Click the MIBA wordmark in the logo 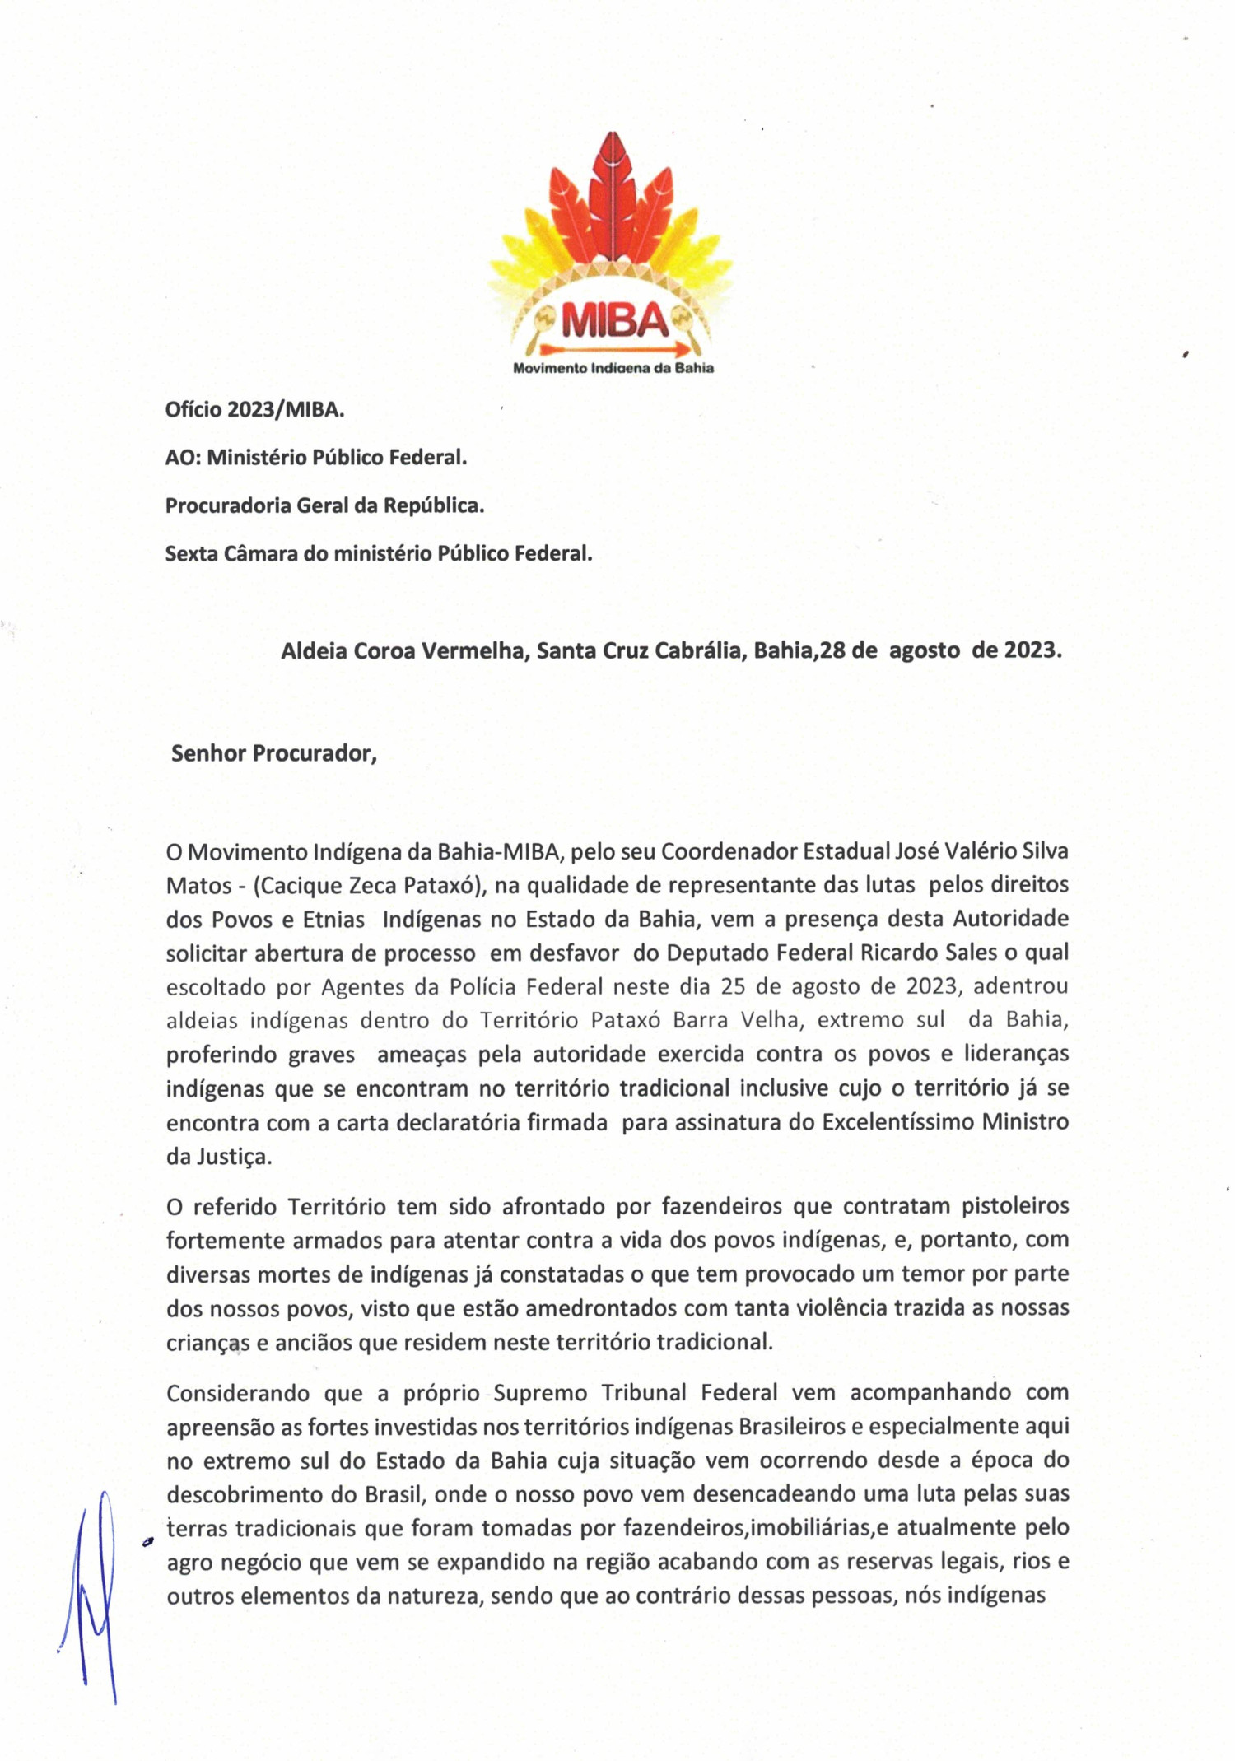(x=614, y=321)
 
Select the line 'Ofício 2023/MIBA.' (x=254, y=409)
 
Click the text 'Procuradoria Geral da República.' (x=324, y=505)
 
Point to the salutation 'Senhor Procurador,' (x=273, y=753)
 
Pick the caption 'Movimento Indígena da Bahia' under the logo (x=613, y=368)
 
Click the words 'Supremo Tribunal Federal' (x=636, y=1392)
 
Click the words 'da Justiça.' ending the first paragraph (x=218, y=1157)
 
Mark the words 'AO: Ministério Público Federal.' (x=316, y=458)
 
